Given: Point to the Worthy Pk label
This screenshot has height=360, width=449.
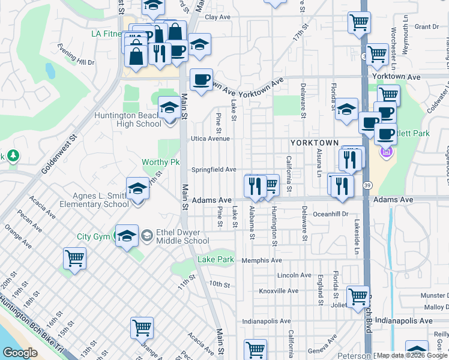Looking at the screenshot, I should (x=161, y=162).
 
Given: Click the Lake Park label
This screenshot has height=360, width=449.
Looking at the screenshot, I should (x=215, y=260).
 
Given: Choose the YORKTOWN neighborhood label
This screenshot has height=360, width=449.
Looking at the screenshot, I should (x=315, y=143).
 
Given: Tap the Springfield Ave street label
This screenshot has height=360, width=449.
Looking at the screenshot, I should (x=214, y=170).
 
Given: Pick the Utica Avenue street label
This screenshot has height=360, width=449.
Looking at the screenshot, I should (x=211, y=139).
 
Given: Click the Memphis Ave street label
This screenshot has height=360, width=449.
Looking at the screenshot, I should (x=261, y=260).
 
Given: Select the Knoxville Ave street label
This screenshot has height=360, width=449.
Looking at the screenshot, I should (x=279, y=291).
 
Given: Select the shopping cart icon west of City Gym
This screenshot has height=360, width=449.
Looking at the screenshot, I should (x=75, y=259).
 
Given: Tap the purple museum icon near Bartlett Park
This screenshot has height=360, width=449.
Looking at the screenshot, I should (x=386, y=153).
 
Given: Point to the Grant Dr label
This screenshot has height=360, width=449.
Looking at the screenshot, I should (x=427, y=26).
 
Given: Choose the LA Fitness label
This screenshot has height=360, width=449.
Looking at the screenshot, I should (x=107, y=34).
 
